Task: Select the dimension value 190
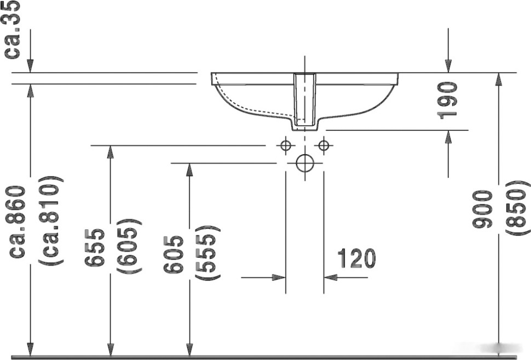pyautogui.click(x=448, y=100)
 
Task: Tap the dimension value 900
pyautogui.click(x=483, y=209)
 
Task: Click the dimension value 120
pyautogui.click(x=356, y=258)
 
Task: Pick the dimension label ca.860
pyautogui.click(x=19, y=221)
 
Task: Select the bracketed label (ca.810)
pyautogui.click(x=53, y=221)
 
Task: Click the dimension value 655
pyautogui.click(x=95, y=247)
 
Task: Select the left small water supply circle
pyautogui.click(x=285, y=146)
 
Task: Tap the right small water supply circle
pyautogui.click(x=324, y=146)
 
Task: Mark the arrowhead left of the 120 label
pyautogui.click(x=279, y=277)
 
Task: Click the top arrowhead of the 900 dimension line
pyautogui.click(x=498, y=79)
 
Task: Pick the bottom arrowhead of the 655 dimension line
pyautogui.click(x=111, y=349)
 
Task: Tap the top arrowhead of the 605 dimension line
pyautogui.click(x=189, y=170)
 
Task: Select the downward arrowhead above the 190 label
pyautogui.click(x=448, y=66)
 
